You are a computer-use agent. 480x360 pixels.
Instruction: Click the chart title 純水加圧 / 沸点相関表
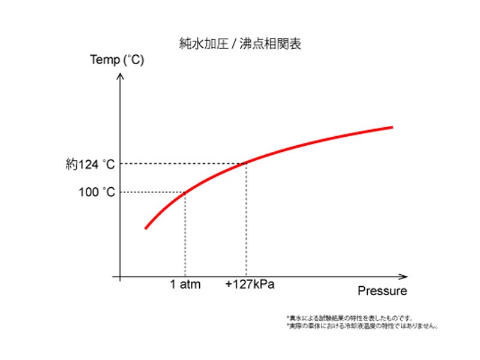click(240, 43)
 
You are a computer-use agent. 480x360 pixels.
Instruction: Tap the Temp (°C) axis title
click(116, 61)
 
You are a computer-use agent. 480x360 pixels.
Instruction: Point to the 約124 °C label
click(90, 163)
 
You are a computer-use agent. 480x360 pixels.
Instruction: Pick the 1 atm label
click(185, 284)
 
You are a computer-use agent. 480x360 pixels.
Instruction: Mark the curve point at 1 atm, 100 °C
click(185, 192)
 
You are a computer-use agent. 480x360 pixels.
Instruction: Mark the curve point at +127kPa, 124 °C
click(246, 163)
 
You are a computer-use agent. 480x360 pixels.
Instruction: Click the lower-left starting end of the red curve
click(145, 228)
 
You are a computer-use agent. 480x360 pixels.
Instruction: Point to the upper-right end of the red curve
click(392, 127)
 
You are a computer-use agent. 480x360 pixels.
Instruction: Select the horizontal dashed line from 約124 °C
click(180, 163)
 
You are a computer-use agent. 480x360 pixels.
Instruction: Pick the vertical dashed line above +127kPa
click(246, 222)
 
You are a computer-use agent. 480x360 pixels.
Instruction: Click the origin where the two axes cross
click(121, 277)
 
